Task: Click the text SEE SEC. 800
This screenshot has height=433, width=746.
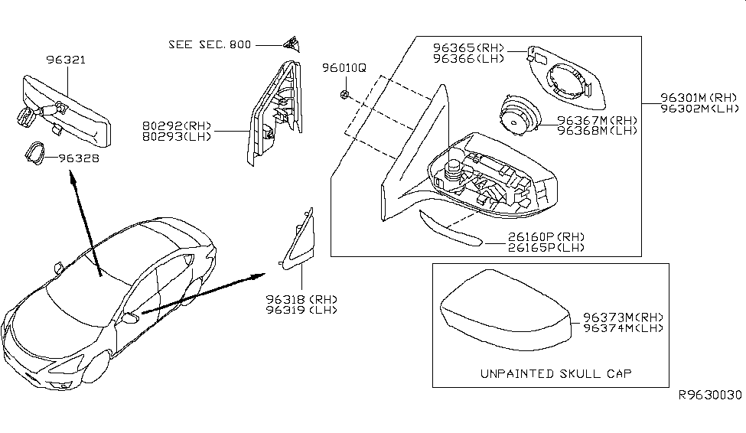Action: [209, 44]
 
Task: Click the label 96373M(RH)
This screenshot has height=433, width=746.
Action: [622, 317]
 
